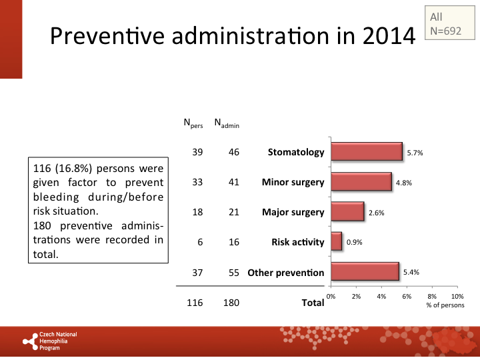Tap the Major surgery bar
[347, 212]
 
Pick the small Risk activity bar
[336, 242]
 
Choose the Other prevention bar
[365, 272]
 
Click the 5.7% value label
[415, 153]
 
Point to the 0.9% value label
[353, 243]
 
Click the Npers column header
[193, 123]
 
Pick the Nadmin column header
[227, 123]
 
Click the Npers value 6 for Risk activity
[199, 242]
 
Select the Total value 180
[231, 303]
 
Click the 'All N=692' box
[446, 24]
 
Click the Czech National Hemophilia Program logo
[51, 341]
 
